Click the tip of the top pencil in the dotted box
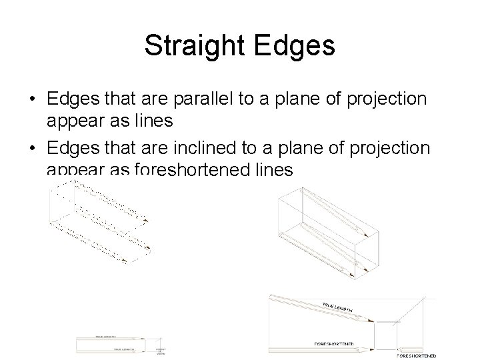coord(145,217)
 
